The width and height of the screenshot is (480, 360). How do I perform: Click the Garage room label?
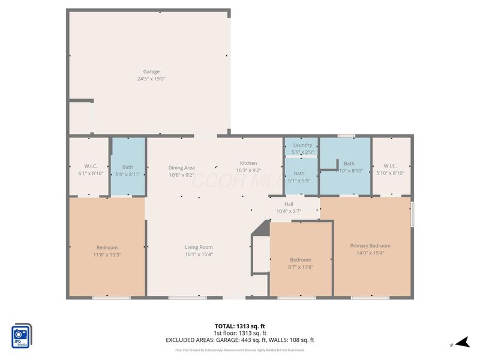coord(151,71)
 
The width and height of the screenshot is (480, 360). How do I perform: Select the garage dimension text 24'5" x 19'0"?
coord(151,79)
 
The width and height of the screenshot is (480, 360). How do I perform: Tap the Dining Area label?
coord(181,168)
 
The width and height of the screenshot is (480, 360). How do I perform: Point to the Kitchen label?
coord(248,163)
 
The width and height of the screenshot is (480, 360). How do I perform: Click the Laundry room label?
coord(302,145)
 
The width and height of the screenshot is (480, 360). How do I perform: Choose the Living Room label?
coord(198,247)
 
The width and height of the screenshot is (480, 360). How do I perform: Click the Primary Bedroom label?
coord(370,245)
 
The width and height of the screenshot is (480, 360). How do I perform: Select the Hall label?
coord(289,204)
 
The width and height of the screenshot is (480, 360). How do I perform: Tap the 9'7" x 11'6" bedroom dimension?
coord(301,266)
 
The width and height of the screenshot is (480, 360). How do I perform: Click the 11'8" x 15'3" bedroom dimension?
coord(107,254)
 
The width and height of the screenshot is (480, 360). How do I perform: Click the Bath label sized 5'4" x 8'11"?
coord(127,167)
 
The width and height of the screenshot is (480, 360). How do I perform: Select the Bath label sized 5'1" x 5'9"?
coord(299,173)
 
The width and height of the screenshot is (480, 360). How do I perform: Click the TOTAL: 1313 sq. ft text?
coord(239,326)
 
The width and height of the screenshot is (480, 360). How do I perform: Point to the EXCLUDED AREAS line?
coord(239,340)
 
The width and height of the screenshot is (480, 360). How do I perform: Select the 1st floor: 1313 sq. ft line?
coord(239,333)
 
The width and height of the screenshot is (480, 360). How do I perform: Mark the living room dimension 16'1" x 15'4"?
coord(198,254)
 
